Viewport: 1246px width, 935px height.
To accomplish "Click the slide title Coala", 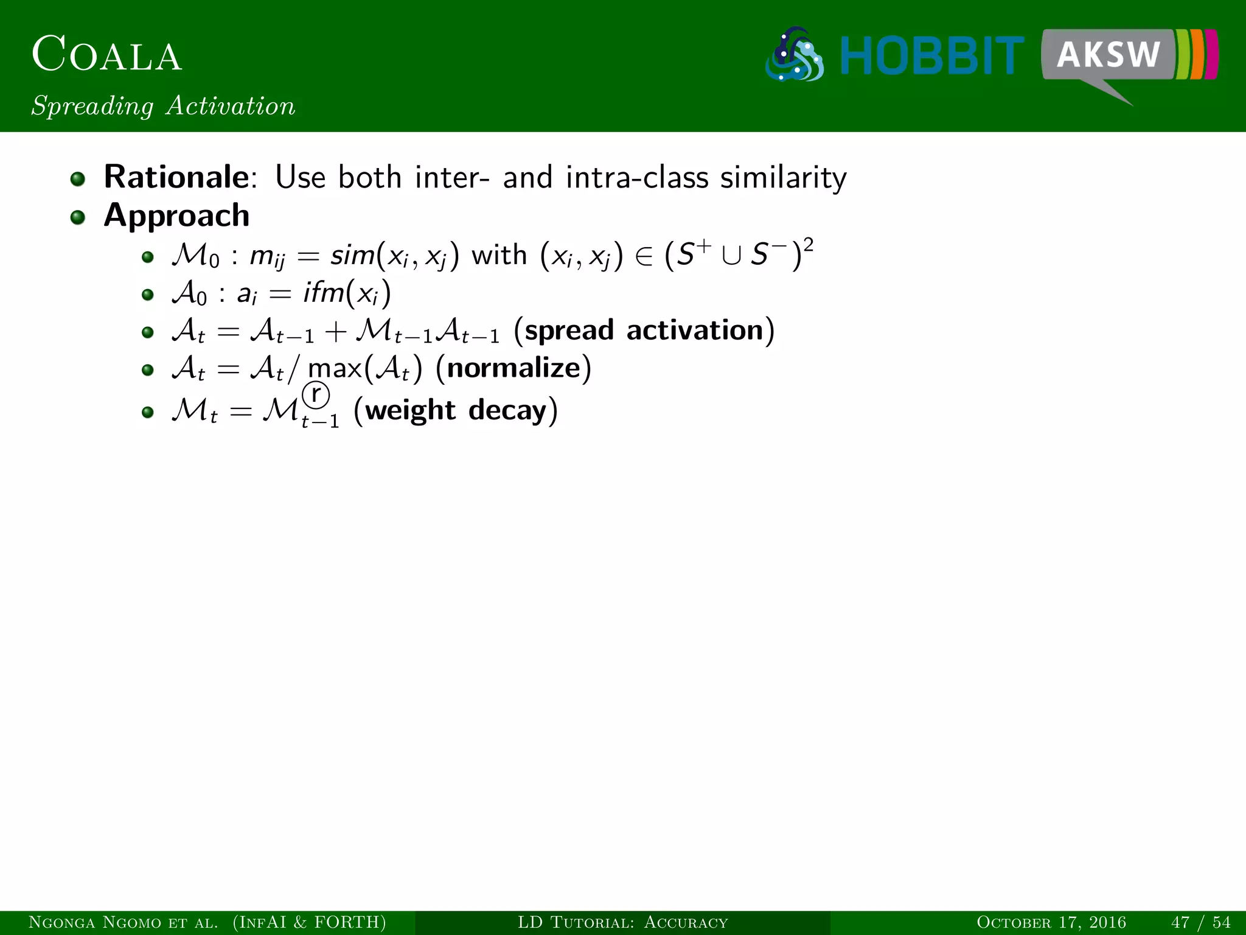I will (106, 54).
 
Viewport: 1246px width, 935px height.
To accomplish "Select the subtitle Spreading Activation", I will (163, 106).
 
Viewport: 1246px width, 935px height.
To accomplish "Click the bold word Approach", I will (176, 215).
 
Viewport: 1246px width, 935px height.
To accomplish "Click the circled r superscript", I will (316, 394).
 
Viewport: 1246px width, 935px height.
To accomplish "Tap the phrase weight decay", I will (456, 410).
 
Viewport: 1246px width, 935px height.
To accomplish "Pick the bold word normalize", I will (513, 368).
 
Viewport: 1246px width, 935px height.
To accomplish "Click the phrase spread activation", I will (644, 330).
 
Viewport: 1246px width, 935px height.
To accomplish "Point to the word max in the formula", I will (335, 369).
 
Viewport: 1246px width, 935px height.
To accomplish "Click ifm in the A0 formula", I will (322, 293).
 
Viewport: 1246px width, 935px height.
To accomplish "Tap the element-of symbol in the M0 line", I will (643, 256).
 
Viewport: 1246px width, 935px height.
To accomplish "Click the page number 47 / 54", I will (1200, 922).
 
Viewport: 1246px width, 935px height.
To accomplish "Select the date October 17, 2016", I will (1051, 922).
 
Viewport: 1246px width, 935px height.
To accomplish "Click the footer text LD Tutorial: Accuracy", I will (622, 922).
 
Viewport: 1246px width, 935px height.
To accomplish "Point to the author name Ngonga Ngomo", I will (98, 922).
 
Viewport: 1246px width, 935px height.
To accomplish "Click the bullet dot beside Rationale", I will (77, 179).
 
